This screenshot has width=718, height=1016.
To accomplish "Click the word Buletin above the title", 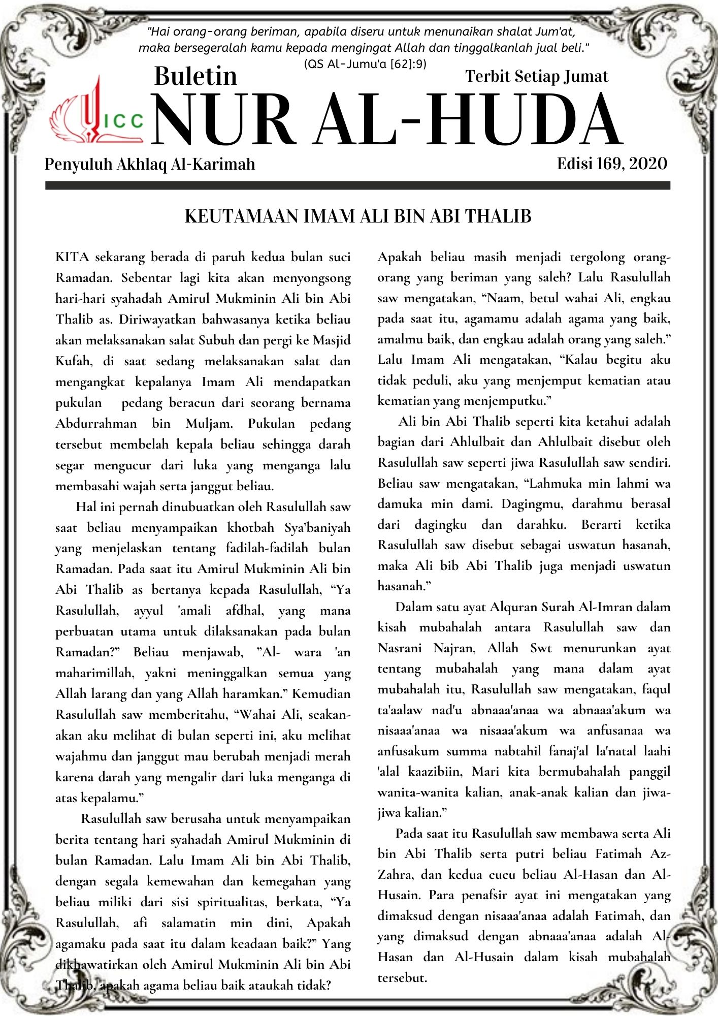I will click(x=195, y=76).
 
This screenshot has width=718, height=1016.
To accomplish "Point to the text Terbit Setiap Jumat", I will click(x=536, y=76).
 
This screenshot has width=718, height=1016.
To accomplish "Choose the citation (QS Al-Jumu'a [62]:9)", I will click(x=365, y=64).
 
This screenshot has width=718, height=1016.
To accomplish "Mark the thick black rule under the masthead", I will click(x=357, y=186).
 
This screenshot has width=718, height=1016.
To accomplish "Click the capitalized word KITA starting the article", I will click(x=72, y=257).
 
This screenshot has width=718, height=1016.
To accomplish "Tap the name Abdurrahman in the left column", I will click(x=96, y=424).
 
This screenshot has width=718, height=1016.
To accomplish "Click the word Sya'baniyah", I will click(x=317, y=528).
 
